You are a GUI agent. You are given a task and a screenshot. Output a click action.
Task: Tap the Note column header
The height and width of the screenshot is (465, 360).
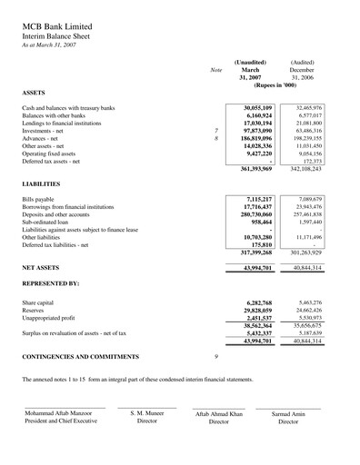[215, 69]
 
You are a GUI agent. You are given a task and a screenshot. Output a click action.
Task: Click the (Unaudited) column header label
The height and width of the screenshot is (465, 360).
[250, 62]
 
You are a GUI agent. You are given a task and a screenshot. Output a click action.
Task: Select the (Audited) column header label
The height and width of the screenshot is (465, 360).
[302, 62]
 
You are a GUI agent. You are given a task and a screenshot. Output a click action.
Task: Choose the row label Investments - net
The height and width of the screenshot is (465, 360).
[47, 131]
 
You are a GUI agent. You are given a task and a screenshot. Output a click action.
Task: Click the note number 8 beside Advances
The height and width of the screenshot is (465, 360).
[216, 138]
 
